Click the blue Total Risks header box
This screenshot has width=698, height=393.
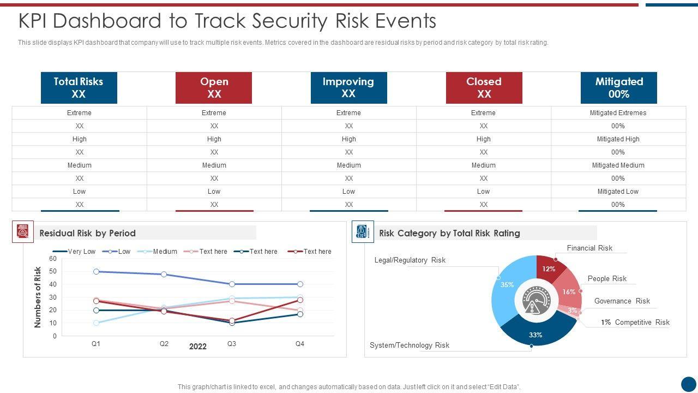(x=79, y=87)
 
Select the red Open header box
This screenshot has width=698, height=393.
(x=214, y=87)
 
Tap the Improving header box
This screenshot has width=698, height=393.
(x=348, y=87)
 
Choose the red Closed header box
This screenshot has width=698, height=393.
(x=484, y=87)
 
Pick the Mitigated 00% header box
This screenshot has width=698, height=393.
(x=619, y=87)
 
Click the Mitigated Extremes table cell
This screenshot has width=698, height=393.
(x=618, y=113)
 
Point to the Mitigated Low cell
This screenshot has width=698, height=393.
(x=618, y=192)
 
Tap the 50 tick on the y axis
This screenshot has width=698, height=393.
(x=53, y=271)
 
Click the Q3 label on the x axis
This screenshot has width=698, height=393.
(x=232, y=344)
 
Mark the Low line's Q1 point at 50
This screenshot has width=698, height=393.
(x=97, y=271)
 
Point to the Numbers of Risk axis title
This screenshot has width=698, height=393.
(x=38, y=297)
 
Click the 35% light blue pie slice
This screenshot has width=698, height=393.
(x=504, y=289)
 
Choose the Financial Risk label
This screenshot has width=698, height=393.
(x=589, y=248)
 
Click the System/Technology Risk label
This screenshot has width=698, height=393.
(x=410, y=345)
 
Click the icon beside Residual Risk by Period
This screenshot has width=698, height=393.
(x=23, y=232)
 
